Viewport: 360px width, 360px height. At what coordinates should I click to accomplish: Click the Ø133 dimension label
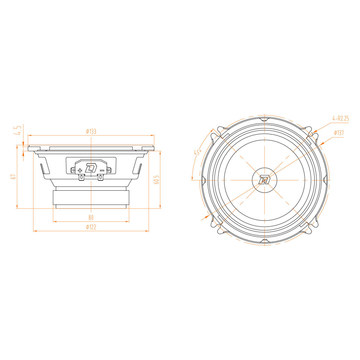(91, 131)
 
